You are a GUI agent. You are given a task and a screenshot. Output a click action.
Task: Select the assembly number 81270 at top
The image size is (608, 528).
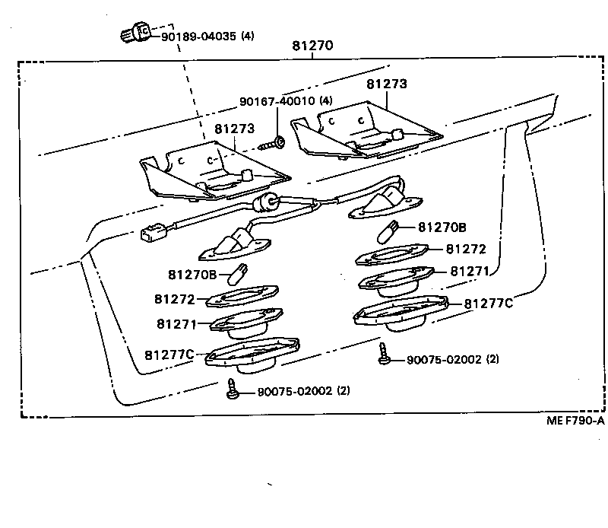coord(312,46)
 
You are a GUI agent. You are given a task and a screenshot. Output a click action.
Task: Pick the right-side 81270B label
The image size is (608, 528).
coord(442,227)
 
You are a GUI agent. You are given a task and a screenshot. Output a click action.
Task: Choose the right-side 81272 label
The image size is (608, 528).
coord(466,249)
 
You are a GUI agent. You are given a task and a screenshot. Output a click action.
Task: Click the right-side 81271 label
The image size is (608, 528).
coord(471,271)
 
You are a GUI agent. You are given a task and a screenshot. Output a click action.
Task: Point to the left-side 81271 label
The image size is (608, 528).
coord(176,324)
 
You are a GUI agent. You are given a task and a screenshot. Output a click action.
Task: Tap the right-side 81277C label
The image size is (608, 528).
coord(489,303)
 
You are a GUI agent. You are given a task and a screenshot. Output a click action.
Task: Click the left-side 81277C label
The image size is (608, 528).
coord(169,354)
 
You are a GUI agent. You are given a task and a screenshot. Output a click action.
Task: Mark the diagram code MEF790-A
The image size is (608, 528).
coord(575,420)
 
